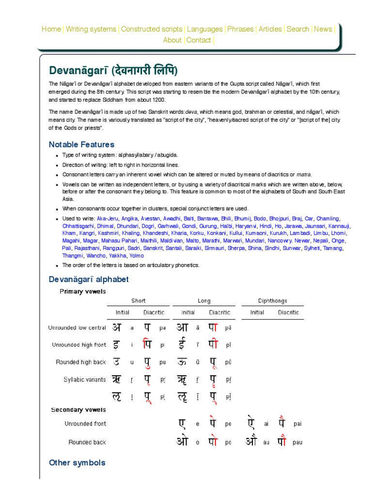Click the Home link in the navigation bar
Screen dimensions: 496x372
click(51, 29)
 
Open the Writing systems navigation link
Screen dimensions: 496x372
click(91, 29)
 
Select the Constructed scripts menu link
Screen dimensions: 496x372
click(152, 29)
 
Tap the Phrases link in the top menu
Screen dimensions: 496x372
click(241, 29)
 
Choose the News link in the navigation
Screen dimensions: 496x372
click(323, 29)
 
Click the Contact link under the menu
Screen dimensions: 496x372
click(199, 40)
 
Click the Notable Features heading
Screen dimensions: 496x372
click(81, 144)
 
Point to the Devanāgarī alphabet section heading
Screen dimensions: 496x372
click(89, 279)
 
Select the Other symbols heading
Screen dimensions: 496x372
click(77, 463)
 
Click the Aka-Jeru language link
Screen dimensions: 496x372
click(108, 218)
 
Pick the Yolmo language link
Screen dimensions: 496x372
click(137, 255)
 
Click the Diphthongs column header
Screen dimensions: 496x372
click(272, 301)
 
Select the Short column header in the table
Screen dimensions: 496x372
click(138, 301)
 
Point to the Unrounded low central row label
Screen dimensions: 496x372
click(77, 328)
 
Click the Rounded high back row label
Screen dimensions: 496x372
click(81, 362)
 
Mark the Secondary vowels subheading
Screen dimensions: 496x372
click(78, 410)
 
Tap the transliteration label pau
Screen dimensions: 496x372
click(297, 443)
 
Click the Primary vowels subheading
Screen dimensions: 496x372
click(82, 292)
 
